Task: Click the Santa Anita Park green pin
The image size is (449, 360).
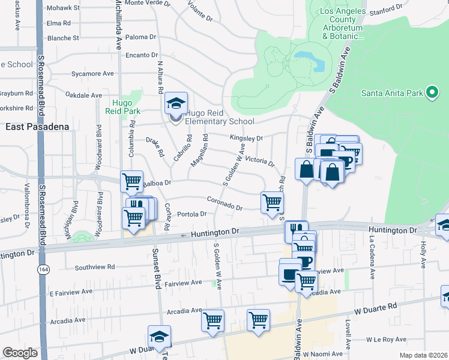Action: tap(431, 93)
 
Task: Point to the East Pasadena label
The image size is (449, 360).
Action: tap(37, 127)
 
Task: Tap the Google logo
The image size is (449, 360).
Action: tap(20, 353)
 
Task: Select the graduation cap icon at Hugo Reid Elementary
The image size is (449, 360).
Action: tap(176, 103)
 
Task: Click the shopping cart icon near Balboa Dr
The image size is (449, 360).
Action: tap(131, 181)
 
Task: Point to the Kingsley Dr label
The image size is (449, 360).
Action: tap(246, 138)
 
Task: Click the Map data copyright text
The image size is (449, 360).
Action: tap(424, 355)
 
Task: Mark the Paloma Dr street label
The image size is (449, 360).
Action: tap(140, 37)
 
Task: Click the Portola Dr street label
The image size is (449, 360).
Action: tap(192, 214)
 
